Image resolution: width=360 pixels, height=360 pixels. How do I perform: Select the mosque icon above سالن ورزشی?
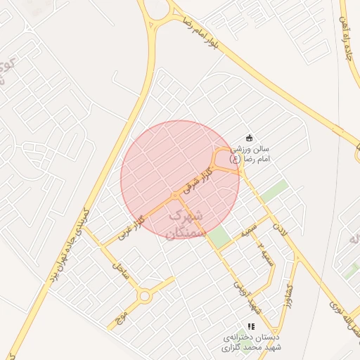tap(249, 138)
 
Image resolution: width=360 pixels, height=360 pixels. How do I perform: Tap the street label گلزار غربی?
tap(131, 227)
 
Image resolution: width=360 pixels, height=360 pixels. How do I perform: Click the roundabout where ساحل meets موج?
tap(145, 296)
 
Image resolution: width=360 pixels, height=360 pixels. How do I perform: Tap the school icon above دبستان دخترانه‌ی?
tap(250, 326)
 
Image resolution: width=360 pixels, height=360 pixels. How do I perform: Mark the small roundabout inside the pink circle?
tap(175, 195)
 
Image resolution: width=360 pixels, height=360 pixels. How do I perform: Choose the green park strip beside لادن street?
tap(276, 191)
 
